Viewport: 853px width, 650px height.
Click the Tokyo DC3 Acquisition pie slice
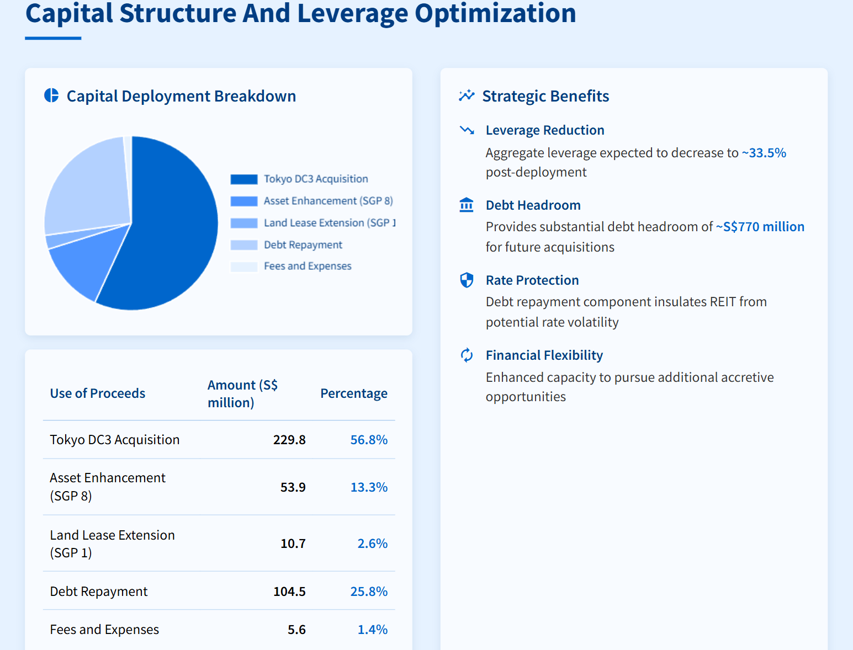click(x=171, y=232)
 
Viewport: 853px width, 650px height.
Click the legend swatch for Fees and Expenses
click(x=243, y=267)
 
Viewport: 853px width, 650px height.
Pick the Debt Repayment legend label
click(x=303, y=245)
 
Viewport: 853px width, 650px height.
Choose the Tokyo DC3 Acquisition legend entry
click(x=315, y=179)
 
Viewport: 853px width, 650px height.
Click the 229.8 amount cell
click(x=289, y=440)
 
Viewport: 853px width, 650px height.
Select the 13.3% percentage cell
click(x=369, y=487)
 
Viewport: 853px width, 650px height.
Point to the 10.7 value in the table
click(x=293, y=544)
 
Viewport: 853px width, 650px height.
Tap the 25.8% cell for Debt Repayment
click(x=369, y=592)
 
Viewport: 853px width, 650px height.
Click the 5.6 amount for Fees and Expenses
click(x=296, y=630)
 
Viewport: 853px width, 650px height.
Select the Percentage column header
click(x=353, y=393)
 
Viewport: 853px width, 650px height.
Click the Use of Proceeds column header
click(x=98, y=393)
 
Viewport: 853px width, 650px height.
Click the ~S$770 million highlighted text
click(x=760, y=227)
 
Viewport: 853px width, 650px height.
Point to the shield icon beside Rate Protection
click(x=467, y=280)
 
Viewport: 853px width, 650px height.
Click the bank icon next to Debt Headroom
click(x=467, y=205)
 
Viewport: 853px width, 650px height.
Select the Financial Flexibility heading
click(x=544, y=355)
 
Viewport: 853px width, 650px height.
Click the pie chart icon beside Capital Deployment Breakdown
click(x=51, y=95)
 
